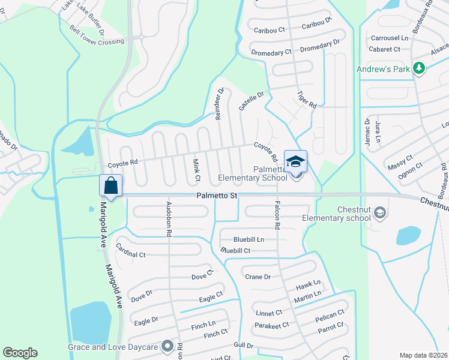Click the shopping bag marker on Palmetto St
tap(111, 185)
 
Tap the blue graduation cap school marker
tap(295, 161)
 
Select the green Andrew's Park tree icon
tap(419, 70)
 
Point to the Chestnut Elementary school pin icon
tap(379, 212)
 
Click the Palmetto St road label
tap(217, 196)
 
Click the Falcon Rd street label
tap(278, 217)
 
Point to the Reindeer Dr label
tap(220, 103)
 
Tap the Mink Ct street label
tap(196, 170)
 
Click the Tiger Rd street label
tap(306, 99)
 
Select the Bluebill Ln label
tap(249, 239)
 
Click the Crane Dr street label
tap(258, 277)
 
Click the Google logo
tap(20, 353)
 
